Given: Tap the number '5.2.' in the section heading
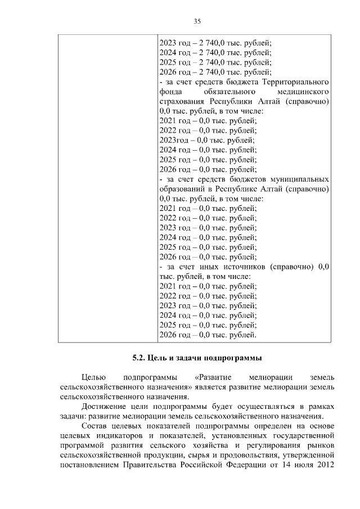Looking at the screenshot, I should pos(139,357).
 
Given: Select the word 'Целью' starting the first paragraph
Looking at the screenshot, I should pos(92,376).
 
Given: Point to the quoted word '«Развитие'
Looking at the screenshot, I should pos(213,376).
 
